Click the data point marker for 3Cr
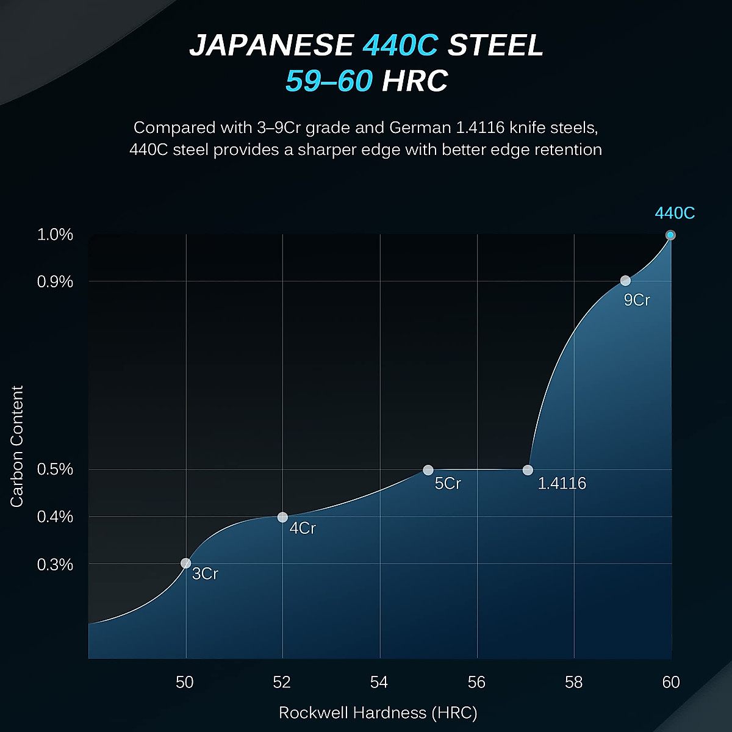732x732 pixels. point(185,563)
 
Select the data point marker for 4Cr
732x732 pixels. point(282,517)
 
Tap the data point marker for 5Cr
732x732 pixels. point(428,470)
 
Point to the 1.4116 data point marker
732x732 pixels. point(528,470)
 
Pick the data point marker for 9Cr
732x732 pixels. point(625,281)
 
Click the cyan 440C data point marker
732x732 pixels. point(670,235)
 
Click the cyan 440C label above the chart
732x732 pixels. point(675,213)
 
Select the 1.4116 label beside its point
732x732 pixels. point(562,484)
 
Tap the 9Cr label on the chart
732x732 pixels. point(637,300)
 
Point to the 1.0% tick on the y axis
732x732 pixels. point(55,235)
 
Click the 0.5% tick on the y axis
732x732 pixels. point(55,470)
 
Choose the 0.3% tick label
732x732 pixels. point(55,565)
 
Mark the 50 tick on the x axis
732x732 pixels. point(185,682)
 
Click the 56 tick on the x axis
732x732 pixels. point(476,682)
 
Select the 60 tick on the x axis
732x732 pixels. point(670,682)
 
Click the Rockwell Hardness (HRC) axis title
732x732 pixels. point(378,712)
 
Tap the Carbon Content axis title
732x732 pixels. point(17,446)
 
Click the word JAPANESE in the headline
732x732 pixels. point(271,46)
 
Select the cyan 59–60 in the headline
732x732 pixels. point(329,81)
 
